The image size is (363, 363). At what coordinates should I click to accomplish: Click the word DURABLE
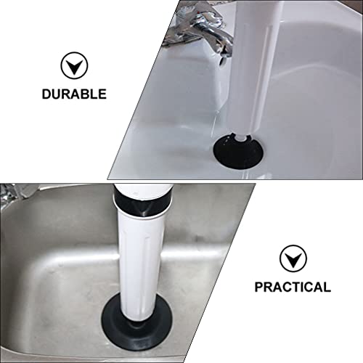[x=73, y=94]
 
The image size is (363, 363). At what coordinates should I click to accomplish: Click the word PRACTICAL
[x=293, y=287]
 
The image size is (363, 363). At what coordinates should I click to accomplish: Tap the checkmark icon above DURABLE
[x=73, y=68]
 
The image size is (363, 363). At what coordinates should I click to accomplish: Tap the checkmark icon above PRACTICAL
[x=293, y=258]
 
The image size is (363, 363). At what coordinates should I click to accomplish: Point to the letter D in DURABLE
[x=46, y=94]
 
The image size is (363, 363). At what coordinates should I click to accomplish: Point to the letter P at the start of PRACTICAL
[x=259, y=287]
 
